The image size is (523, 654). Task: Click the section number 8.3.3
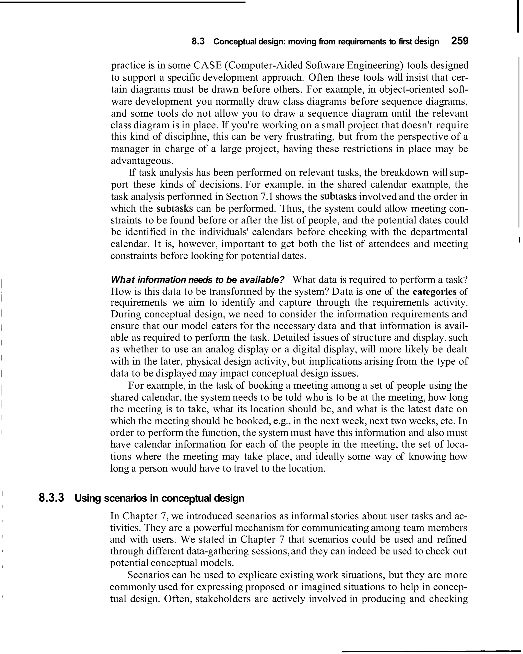coord(51,498)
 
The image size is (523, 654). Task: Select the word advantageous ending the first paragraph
coord(140,161)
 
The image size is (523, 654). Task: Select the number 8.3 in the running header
coord(198,41)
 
